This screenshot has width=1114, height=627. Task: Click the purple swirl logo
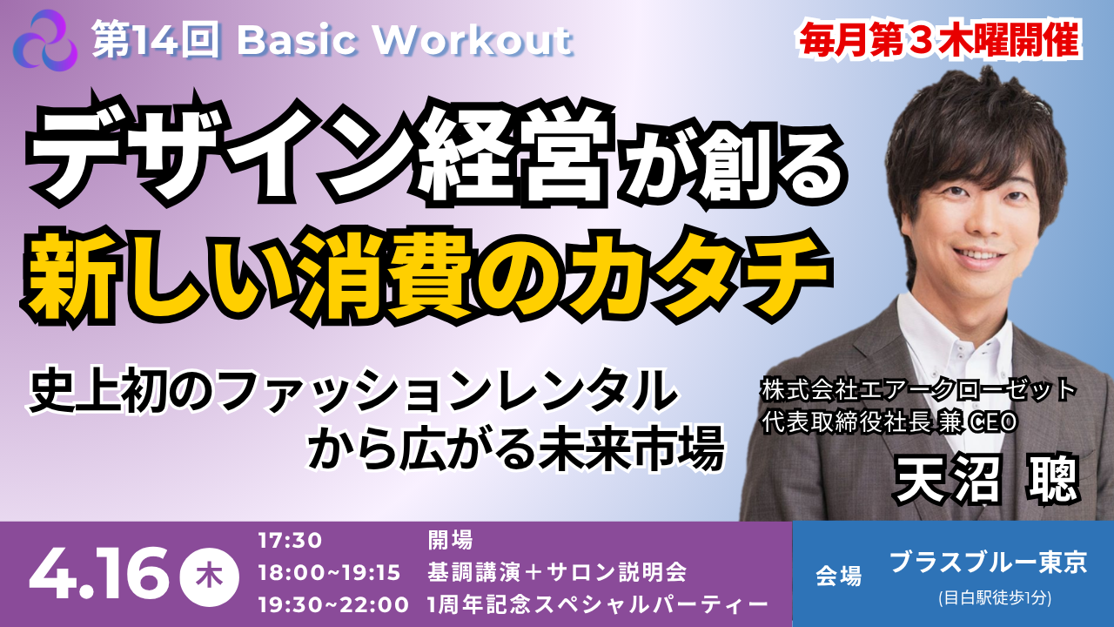45,41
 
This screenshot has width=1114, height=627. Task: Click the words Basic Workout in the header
405,41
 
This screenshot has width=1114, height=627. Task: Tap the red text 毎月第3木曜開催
941,40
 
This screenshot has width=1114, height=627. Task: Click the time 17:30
290,541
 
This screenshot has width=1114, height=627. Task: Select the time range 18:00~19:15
329,573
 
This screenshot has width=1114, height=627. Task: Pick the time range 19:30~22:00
333,605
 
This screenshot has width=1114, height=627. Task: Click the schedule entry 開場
450,540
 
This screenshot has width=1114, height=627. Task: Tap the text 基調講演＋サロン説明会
557,572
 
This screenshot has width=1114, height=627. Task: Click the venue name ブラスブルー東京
988,563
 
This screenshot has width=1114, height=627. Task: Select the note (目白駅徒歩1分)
995,597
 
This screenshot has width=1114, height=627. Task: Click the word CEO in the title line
986,422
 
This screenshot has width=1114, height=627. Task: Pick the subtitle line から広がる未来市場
516,454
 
